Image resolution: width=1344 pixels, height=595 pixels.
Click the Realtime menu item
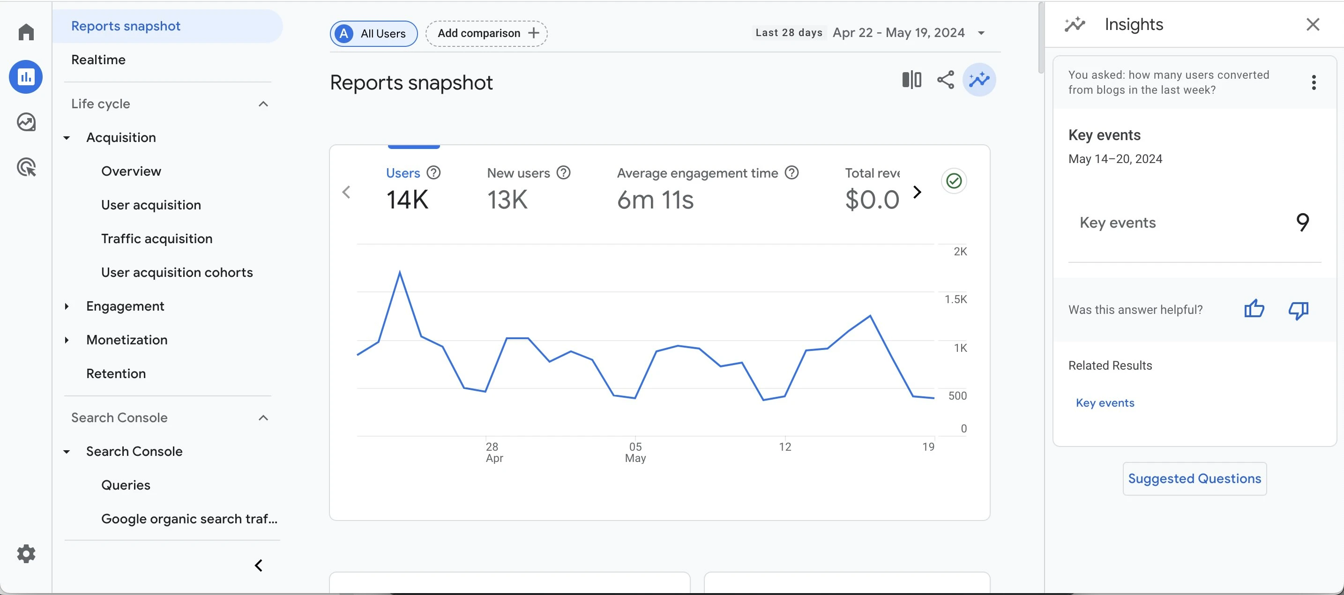(98, 59)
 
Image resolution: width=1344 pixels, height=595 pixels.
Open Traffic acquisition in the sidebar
(157, 238)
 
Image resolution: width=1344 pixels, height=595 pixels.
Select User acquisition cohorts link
(177, 272)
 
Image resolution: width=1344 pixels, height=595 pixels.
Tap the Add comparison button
(486, 33)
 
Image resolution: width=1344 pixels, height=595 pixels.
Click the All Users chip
(373, 33)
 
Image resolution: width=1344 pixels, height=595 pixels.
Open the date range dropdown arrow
(981, 33)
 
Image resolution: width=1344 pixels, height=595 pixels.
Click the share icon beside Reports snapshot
(945, 80)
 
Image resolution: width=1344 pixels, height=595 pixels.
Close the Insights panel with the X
(1313, 24)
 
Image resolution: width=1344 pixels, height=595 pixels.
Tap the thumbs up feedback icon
(1254, 309)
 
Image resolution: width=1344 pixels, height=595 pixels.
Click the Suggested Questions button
(1194, 478)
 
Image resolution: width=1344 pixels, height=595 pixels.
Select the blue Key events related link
(1105, 402)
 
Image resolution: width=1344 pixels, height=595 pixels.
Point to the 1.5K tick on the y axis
(956, 299)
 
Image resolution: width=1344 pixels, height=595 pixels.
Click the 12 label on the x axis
(784, 446)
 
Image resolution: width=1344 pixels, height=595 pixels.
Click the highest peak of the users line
(400, 272)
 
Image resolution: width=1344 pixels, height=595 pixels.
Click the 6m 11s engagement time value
(655, 200)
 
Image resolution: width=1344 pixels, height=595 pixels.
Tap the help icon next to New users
(563, 172)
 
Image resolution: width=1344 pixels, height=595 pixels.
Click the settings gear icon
(26, 553)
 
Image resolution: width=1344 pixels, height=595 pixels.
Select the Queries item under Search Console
(126, 485)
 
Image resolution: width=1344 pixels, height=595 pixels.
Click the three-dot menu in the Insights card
(1313, 82)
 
